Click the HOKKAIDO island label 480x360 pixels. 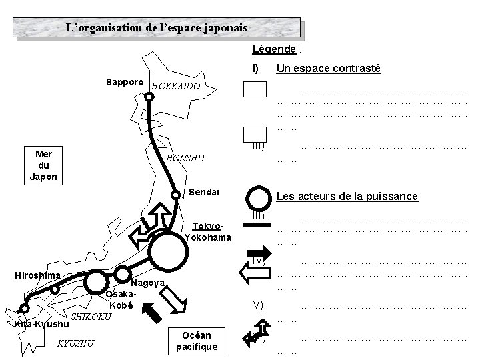[175, 87]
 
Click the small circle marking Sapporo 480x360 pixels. [149, 96]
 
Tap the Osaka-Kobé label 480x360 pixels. [121, 300]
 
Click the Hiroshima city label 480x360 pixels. [37, 275]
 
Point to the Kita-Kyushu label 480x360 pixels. [41, 325]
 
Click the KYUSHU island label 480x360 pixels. [75, 343]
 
